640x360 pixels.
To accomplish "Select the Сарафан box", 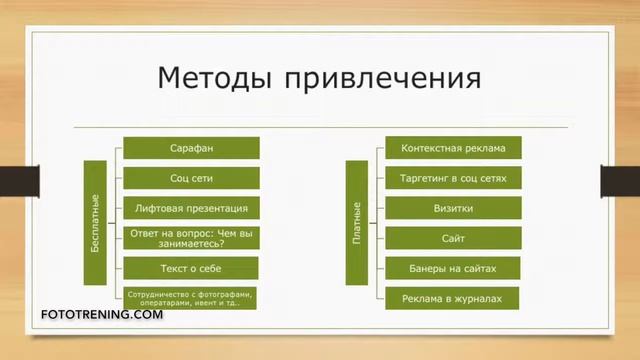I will (x=191, y=149).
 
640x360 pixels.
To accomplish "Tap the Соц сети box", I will (x=191, y=178).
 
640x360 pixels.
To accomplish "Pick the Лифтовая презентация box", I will (x=191, y=208).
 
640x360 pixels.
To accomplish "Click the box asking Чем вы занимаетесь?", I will (x=191, y=238).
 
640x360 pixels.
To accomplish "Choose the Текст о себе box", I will (x=191, y=267).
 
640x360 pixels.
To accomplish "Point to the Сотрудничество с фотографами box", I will (x=191, y=297).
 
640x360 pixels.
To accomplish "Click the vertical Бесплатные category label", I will (x=94, y=222).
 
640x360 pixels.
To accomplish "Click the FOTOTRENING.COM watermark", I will (x=101, y=315).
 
